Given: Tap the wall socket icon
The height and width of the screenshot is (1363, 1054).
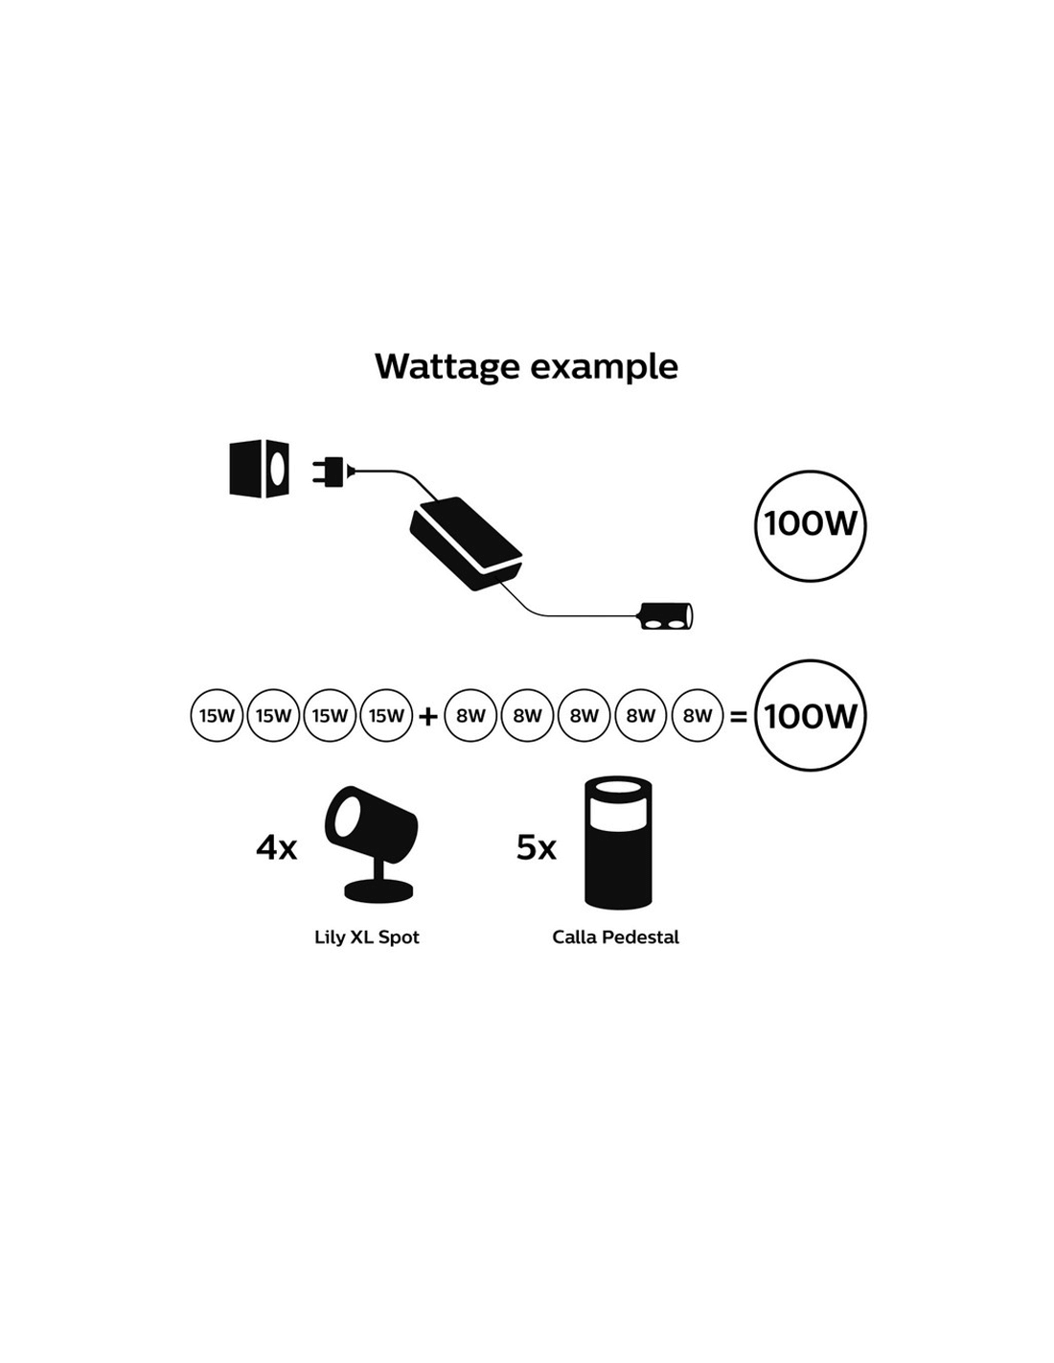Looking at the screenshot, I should click(x=260, y=469).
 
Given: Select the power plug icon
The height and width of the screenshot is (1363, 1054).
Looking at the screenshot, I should click(x=330, y=472).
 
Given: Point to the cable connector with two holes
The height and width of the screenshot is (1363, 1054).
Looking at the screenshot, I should click(x=666, y=615).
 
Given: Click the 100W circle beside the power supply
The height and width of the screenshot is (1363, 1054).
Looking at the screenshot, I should click(x=810, y=525).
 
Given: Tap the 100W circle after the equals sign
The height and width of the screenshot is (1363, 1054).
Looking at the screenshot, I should click(x=810, y=715).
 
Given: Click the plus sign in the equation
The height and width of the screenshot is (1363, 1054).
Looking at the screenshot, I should click(x=428, y=716).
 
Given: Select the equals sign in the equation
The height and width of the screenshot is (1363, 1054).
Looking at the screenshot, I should click(x=738, y=716).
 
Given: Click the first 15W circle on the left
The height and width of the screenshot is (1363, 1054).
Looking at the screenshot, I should click(x=217, y=715).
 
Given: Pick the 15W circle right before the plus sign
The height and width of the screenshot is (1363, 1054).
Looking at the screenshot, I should click(x=386, y=715).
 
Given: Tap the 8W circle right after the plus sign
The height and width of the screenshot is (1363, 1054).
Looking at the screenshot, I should click(x=470, y=715).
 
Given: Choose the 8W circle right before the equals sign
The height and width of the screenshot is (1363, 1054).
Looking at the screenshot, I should click(x=698, y=715).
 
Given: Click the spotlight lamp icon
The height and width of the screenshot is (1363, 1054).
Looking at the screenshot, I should click(x=371, y=842).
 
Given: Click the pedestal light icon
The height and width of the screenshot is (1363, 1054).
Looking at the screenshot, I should click(x=618, y=842).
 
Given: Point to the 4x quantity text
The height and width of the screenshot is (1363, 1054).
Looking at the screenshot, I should click(x=276, y=847).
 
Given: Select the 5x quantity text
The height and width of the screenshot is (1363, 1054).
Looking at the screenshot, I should click(x=536, y=847).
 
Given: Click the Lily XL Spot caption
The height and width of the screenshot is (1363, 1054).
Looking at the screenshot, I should click(x=367, y=936).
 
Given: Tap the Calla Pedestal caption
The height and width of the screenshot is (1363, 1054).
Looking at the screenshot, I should click(x=615, y=936).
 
